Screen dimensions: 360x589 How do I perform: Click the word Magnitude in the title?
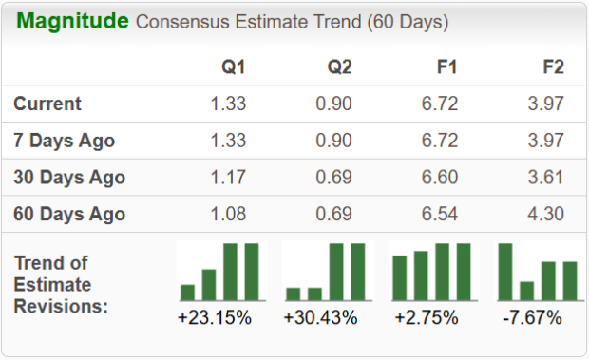[x=72, y=21]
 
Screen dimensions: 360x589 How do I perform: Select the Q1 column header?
[x=233, y=67]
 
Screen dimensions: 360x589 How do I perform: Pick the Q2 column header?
[x=339, y=67]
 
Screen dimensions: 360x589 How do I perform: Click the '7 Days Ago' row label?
[x=65, y=141]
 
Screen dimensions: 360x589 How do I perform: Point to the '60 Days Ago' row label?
[x=69, y=214]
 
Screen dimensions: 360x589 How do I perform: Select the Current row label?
[x=47, y=104]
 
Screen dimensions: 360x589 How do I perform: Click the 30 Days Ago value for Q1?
[x=228, y=178]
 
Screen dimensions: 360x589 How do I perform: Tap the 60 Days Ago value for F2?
[x=545, y=214]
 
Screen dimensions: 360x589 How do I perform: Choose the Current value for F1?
[x=440, y=104]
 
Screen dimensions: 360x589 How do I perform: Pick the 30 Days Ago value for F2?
[x=545, y=178]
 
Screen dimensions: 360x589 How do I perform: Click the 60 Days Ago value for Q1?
[x=228, y=214]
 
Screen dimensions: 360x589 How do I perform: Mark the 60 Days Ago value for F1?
[x=440, y=214]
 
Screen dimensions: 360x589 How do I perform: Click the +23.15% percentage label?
[x=215, y=317]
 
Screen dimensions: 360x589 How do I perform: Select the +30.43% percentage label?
[x=320, y=317]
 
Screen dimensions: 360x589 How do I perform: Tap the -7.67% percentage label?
[x=532, y=317]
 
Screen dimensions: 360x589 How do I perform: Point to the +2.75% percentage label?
[x=427, y=317]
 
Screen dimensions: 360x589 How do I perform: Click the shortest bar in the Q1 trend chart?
[x=187, y=292]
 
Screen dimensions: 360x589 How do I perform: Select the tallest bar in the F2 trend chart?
[x=505, y=272]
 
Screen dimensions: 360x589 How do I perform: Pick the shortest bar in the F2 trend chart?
[x=527, y=290]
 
